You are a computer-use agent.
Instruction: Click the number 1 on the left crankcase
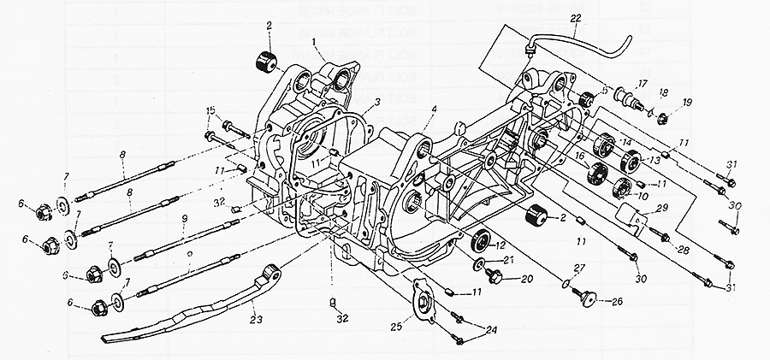point(315,40)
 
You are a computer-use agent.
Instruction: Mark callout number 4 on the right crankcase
point(435,109)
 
